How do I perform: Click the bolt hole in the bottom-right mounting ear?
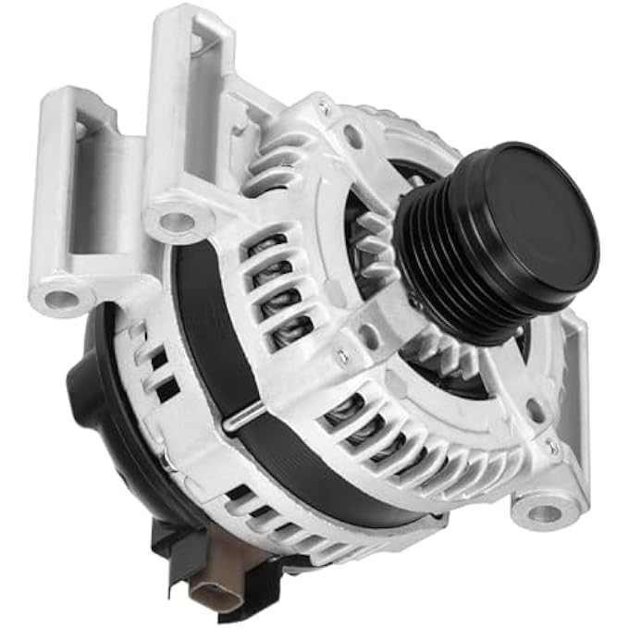[x=546, y=512]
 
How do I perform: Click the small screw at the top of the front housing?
[x=324, y=108]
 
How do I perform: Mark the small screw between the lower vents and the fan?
[x=341, y=353]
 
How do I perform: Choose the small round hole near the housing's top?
[x=354, y=137]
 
